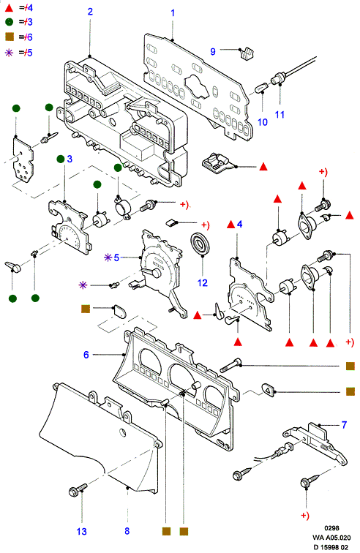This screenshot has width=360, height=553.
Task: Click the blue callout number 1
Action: (173, 13)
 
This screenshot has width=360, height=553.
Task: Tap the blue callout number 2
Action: (90, 12)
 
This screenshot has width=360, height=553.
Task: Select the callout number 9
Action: (213, 51)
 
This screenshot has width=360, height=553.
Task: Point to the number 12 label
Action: (202, 283)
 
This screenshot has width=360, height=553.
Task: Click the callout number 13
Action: (81, 531)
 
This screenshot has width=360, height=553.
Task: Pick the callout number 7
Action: (344, 424)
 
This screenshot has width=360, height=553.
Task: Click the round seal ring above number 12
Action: (200, 243)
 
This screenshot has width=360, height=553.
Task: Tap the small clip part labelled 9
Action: (247, 53)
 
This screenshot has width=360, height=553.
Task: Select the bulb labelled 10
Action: (261, 87)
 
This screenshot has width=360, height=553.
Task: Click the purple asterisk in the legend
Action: (10, 53)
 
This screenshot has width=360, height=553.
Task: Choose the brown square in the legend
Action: (10, 37)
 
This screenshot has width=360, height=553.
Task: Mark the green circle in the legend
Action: (10, 22)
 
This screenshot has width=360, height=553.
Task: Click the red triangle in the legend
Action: (10, 7)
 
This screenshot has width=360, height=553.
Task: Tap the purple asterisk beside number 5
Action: (108, 257)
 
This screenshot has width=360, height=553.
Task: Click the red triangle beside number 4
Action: (230, 224)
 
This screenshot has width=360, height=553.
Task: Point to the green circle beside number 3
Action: (61, 159)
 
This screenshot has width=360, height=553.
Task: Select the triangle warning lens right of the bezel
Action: (269, 390)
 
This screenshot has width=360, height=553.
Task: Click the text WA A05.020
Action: (331, 538)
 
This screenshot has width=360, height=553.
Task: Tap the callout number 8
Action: (127, 531)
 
